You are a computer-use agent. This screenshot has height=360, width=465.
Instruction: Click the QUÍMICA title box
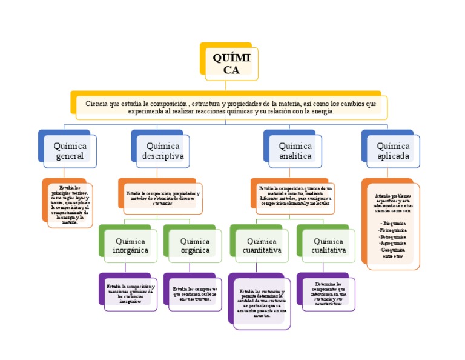coord(231,63)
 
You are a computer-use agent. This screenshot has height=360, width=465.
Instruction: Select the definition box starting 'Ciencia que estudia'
coord(231,107)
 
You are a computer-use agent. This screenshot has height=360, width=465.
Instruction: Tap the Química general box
coord(70,151)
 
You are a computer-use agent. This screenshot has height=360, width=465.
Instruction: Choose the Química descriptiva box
coord(162,151)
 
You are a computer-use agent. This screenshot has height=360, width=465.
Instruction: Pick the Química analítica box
coord(295,151)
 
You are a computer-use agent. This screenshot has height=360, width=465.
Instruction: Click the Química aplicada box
coord(393,151)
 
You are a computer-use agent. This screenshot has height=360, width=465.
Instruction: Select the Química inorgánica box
coord(130,245)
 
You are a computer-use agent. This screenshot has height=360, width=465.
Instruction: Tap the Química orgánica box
coord(195,245)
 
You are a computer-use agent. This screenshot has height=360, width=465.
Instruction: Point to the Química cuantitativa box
coord(262,245)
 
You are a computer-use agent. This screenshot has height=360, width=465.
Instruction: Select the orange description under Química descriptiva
coord(162,198)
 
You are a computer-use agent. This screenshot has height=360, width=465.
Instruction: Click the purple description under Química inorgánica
coord(130,293)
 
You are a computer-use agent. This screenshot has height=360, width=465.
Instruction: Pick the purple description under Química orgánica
coord(195,294)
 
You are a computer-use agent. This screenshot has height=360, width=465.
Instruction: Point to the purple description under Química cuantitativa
coord(262,304)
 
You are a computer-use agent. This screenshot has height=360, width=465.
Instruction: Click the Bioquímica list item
coord(393,224)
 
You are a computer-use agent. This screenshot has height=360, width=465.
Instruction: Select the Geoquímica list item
coord(393,250)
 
